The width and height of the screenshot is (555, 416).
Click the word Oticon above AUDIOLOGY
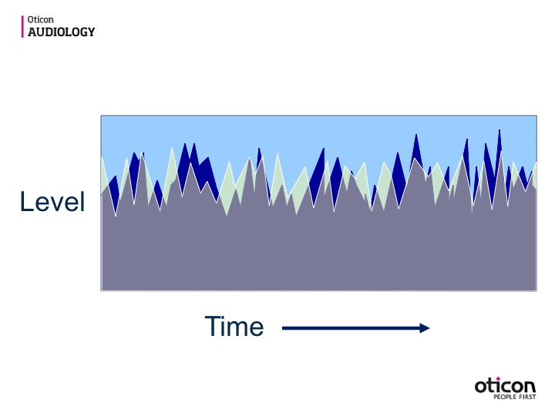point(40,19)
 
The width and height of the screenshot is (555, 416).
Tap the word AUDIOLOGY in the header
point(62,32)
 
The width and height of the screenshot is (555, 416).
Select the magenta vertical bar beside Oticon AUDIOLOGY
point(22,26)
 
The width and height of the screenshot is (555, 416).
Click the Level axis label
point(52,201)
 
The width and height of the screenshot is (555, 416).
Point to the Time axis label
point(234,326)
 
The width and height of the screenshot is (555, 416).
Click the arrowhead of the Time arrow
point(425,328)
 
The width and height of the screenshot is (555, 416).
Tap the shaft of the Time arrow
point(351,328)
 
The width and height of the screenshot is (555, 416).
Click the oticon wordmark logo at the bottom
point(505,386)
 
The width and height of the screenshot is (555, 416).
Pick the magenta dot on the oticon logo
point(499,379)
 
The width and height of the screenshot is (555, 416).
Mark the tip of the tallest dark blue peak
point(499,129)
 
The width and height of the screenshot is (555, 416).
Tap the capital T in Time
point(214,325)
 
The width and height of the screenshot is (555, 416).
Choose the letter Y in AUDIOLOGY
point(91,32)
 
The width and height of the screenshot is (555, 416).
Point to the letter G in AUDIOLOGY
point(82,32)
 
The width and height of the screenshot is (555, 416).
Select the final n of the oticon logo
point(530,387)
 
